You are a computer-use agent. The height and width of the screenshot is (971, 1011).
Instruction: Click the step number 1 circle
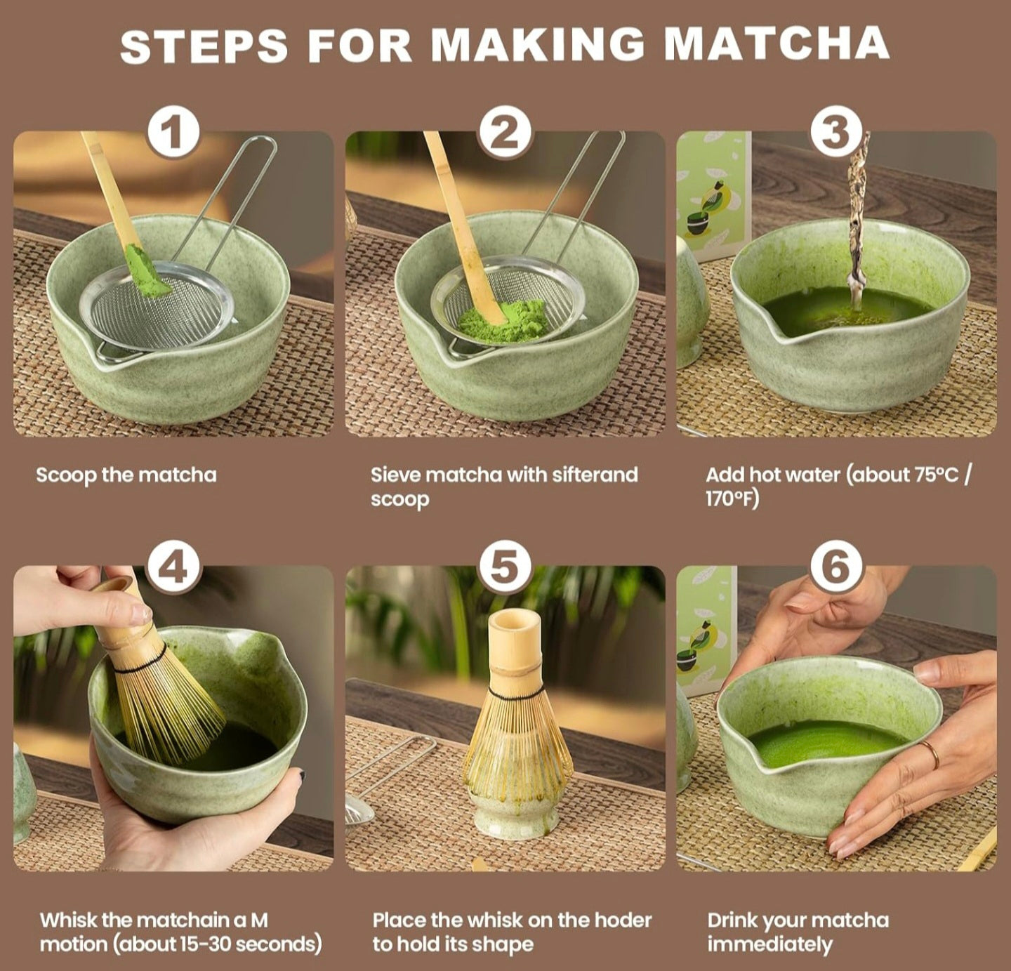click(x=173, y=133)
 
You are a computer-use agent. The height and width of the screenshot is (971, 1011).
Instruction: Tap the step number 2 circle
click(x=505, y=133)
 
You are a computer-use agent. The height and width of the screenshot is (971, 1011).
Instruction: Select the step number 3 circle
click(x=835, y=133)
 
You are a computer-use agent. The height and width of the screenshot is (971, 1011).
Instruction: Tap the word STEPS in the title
click(x=204, y=46)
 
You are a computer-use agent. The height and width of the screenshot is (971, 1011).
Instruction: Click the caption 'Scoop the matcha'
click(x=126, y=475)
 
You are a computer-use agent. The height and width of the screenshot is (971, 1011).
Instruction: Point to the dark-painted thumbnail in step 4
click(x=301, y=777)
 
